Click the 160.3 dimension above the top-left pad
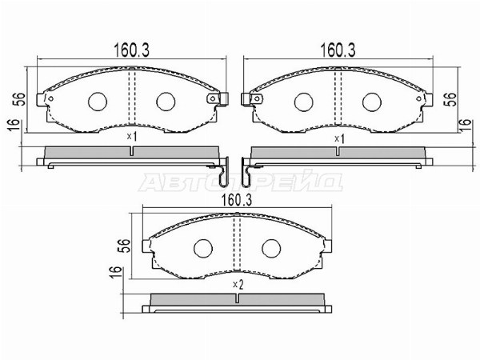pyautogui.click(x=132, y=50)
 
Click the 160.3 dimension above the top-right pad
pyautogui.click(x=338, y=50)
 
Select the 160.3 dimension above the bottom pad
pyautogui.click(x=237, y=201)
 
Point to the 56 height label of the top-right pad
pyautogui.click(x=450, y=99)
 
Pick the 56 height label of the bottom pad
pyautogui.click(x=124, y=246)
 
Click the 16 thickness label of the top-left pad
pyautogui.click(x=13, y=125)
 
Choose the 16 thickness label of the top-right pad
pyautogui.click(x=465, y=125)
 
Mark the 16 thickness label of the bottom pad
pyautogui.click(x=116, y=272)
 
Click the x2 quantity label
pyautogui.click(x=238, y=285)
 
